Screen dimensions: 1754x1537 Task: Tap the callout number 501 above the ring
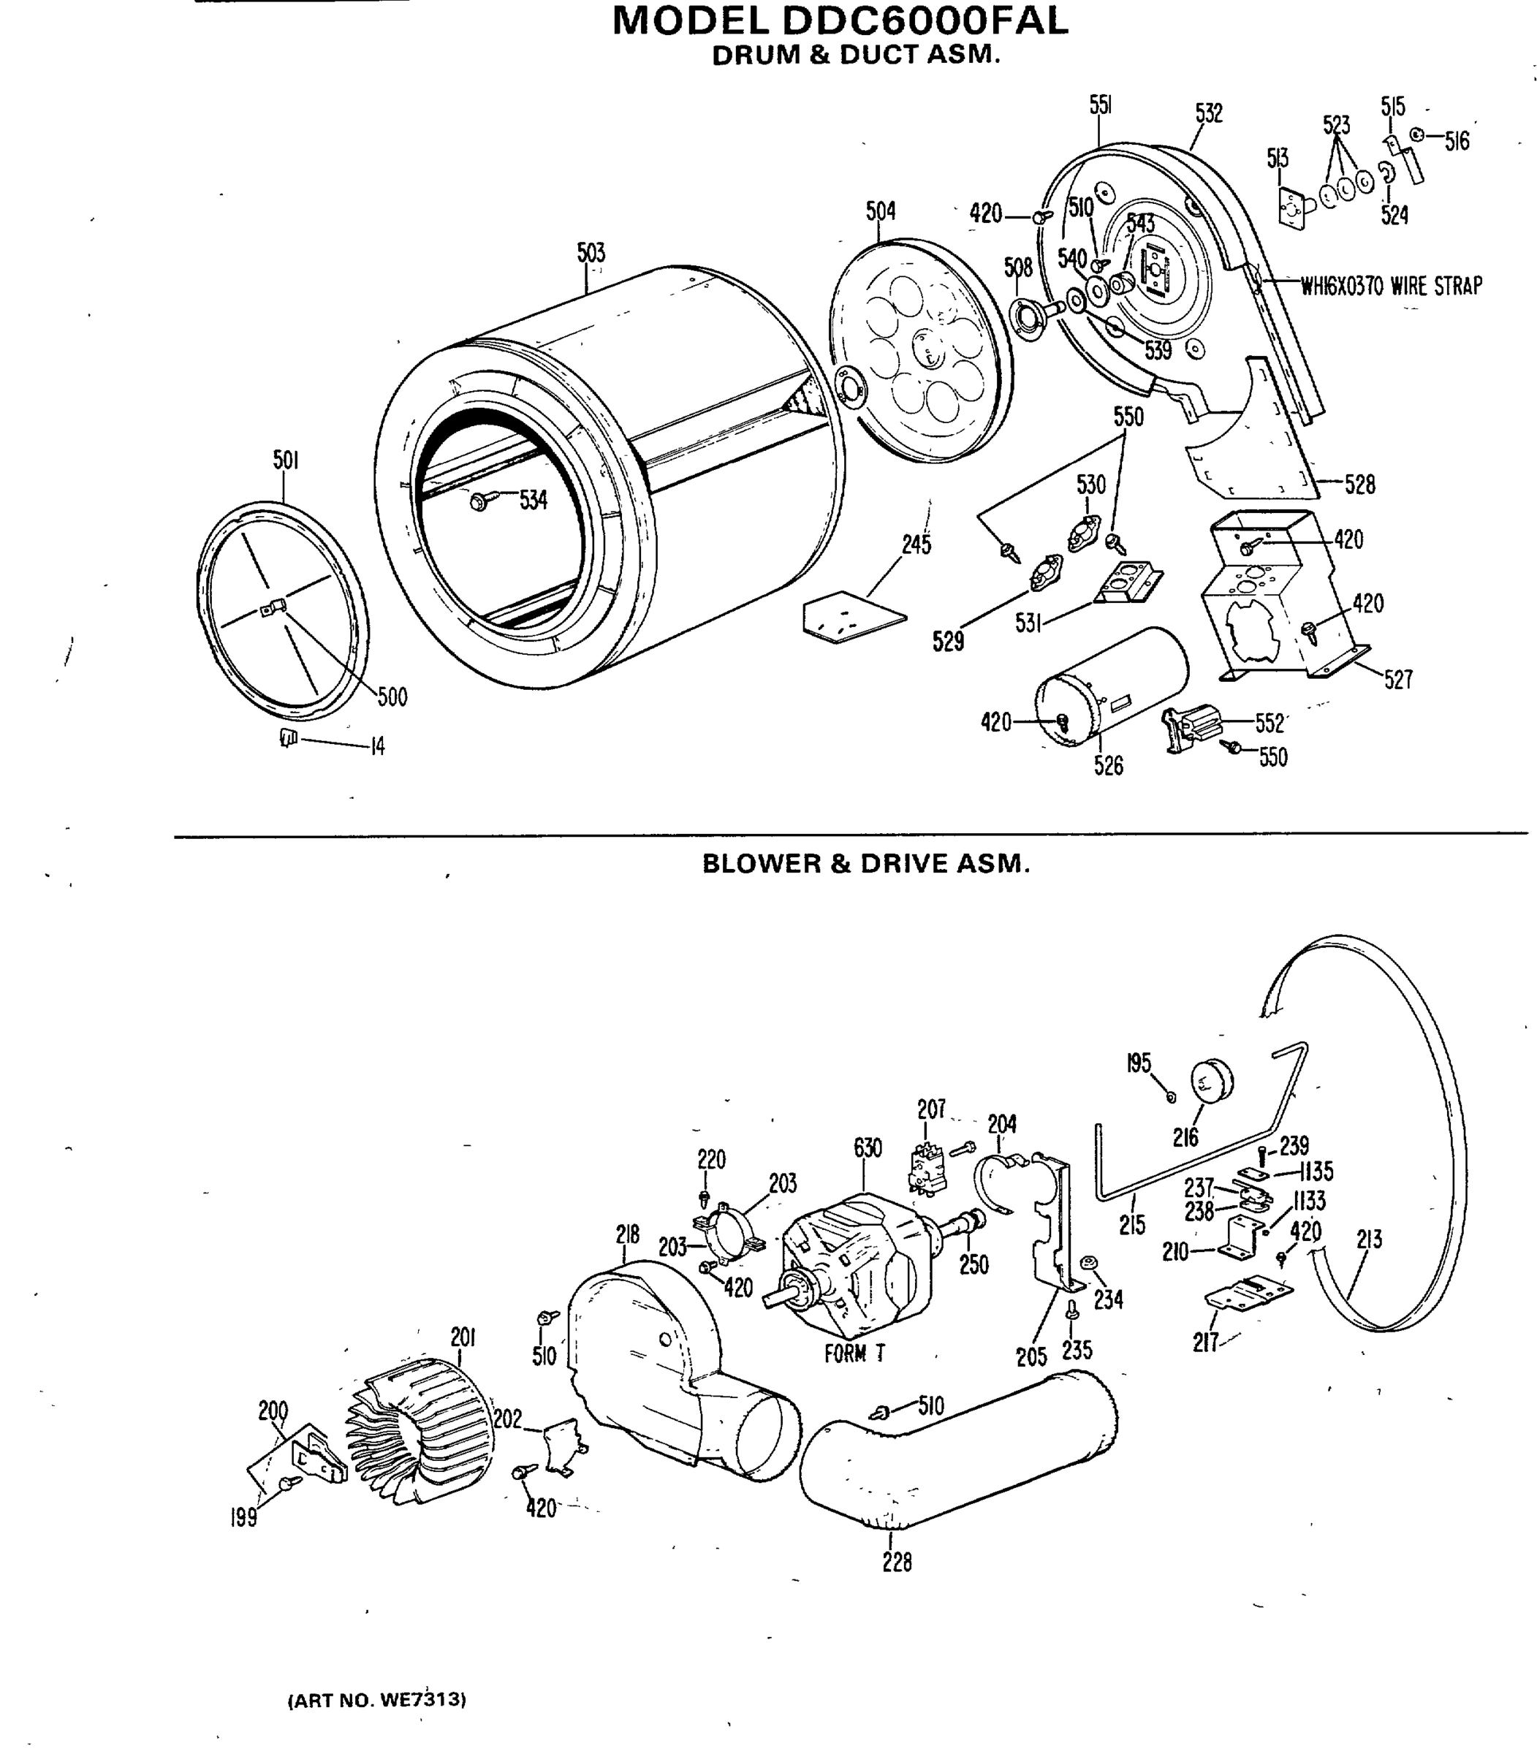click(286, 460)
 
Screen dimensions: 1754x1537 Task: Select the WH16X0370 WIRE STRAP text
click(1391, 286)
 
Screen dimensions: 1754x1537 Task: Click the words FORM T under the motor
click(854, 1354)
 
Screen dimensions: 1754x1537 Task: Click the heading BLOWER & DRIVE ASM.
click(865, 864)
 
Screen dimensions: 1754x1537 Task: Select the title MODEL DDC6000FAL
click(840, 21)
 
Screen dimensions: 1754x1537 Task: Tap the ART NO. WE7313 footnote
click(377, 1700)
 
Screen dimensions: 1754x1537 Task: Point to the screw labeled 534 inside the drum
click(479, 502)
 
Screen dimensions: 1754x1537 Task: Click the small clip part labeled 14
click(288, 737)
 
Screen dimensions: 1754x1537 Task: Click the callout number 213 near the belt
click(1369, 1239)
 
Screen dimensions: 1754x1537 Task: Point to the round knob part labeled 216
click(1210, 1080)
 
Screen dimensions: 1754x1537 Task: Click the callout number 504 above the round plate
click(880, 211)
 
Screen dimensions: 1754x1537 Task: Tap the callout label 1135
click(1316, 1172)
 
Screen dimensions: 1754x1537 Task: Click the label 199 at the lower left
click(243, 1518)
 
